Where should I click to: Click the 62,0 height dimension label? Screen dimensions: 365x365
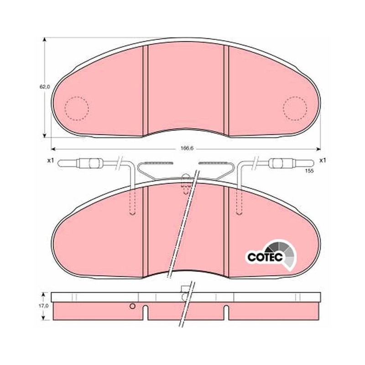point(45,87)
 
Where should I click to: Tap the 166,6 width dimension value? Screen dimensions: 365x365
point(186,149)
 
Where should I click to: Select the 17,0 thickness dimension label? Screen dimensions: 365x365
point(43,306)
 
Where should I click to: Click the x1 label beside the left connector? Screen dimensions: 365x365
point(50,161)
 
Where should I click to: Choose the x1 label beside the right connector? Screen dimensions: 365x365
point(323,161)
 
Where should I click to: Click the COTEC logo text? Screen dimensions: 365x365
point(265,257)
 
